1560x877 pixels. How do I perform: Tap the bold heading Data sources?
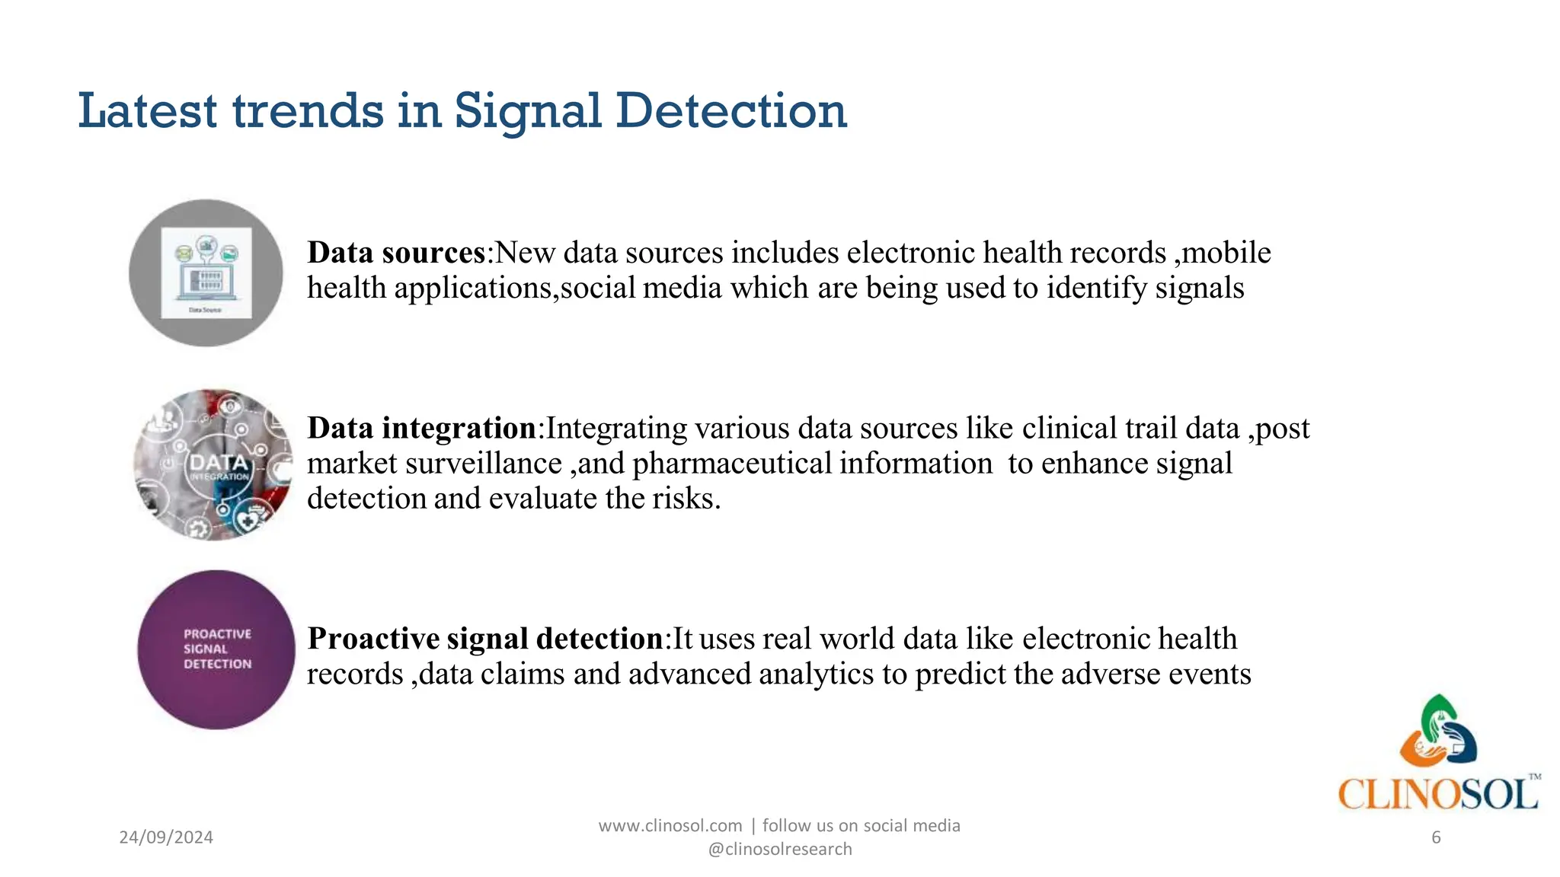point(396,253)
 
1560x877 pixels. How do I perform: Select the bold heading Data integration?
point(422,429)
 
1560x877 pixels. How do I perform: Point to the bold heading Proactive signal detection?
point(485,639)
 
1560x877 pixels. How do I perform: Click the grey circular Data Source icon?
point(206,273)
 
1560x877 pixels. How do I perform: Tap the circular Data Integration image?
point(213,464)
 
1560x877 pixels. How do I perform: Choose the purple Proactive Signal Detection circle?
point(216,649)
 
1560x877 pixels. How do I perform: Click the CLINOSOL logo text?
point(1437,795)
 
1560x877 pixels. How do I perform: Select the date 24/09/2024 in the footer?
point(166,837)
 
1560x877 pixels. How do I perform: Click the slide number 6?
point(1436,837)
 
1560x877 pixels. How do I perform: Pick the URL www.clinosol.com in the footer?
point(670,826)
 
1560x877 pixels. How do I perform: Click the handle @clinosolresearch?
point(780,850)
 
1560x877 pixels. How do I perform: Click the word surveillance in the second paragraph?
point(485,464)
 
